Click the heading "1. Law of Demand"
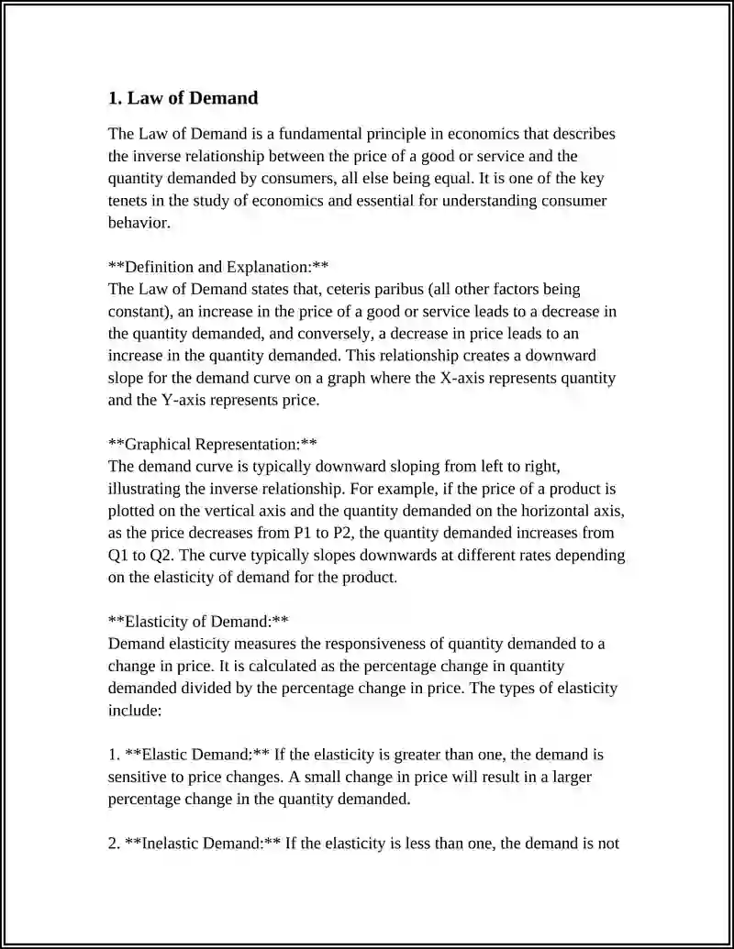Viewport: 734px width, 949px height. [183, 98]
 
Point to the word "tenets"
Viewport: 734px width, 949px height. [130, 201]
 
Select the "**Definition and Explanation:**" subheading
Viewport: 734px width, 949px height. [218, 267]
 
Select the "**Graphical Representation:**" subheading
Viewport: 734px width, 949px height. [213, 445]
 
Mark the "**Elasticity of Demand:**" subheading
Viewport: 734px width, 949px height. [198, 622]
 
